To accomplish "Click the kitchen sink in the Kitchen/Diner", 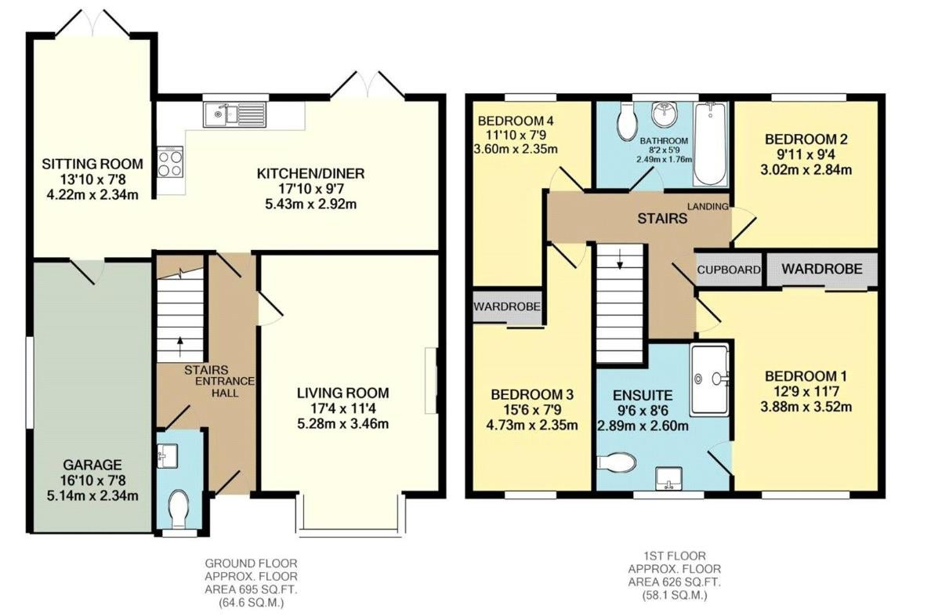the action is [236, 114].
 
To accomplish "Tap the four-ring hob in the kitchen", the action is [170, 162].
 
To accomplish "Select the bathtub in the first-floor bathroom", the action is [709, 143].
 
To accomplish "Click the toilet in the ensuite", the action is [616, 462].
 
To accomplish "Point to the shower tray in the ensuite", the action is [709, 379].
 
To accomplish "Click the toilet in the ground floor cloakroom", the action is [178, 508].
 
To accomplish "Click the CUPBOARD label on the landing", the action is [729, 270].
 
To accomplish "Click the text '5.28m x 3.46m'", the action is [343, 423].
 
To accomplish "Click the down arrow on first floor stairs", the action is [620, 259].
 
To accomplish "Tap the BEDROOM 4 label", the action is [516, 121].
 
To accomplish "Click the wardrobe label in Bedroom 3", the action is [507, 306].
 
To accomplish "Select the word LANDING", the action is [708, 206].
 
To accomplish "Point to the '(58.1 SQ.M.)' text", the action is [667, 595].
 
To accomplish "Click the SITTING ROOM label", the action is [92, 164].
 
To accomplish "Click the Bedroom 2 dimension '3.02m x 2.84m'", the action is [806, 170].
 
